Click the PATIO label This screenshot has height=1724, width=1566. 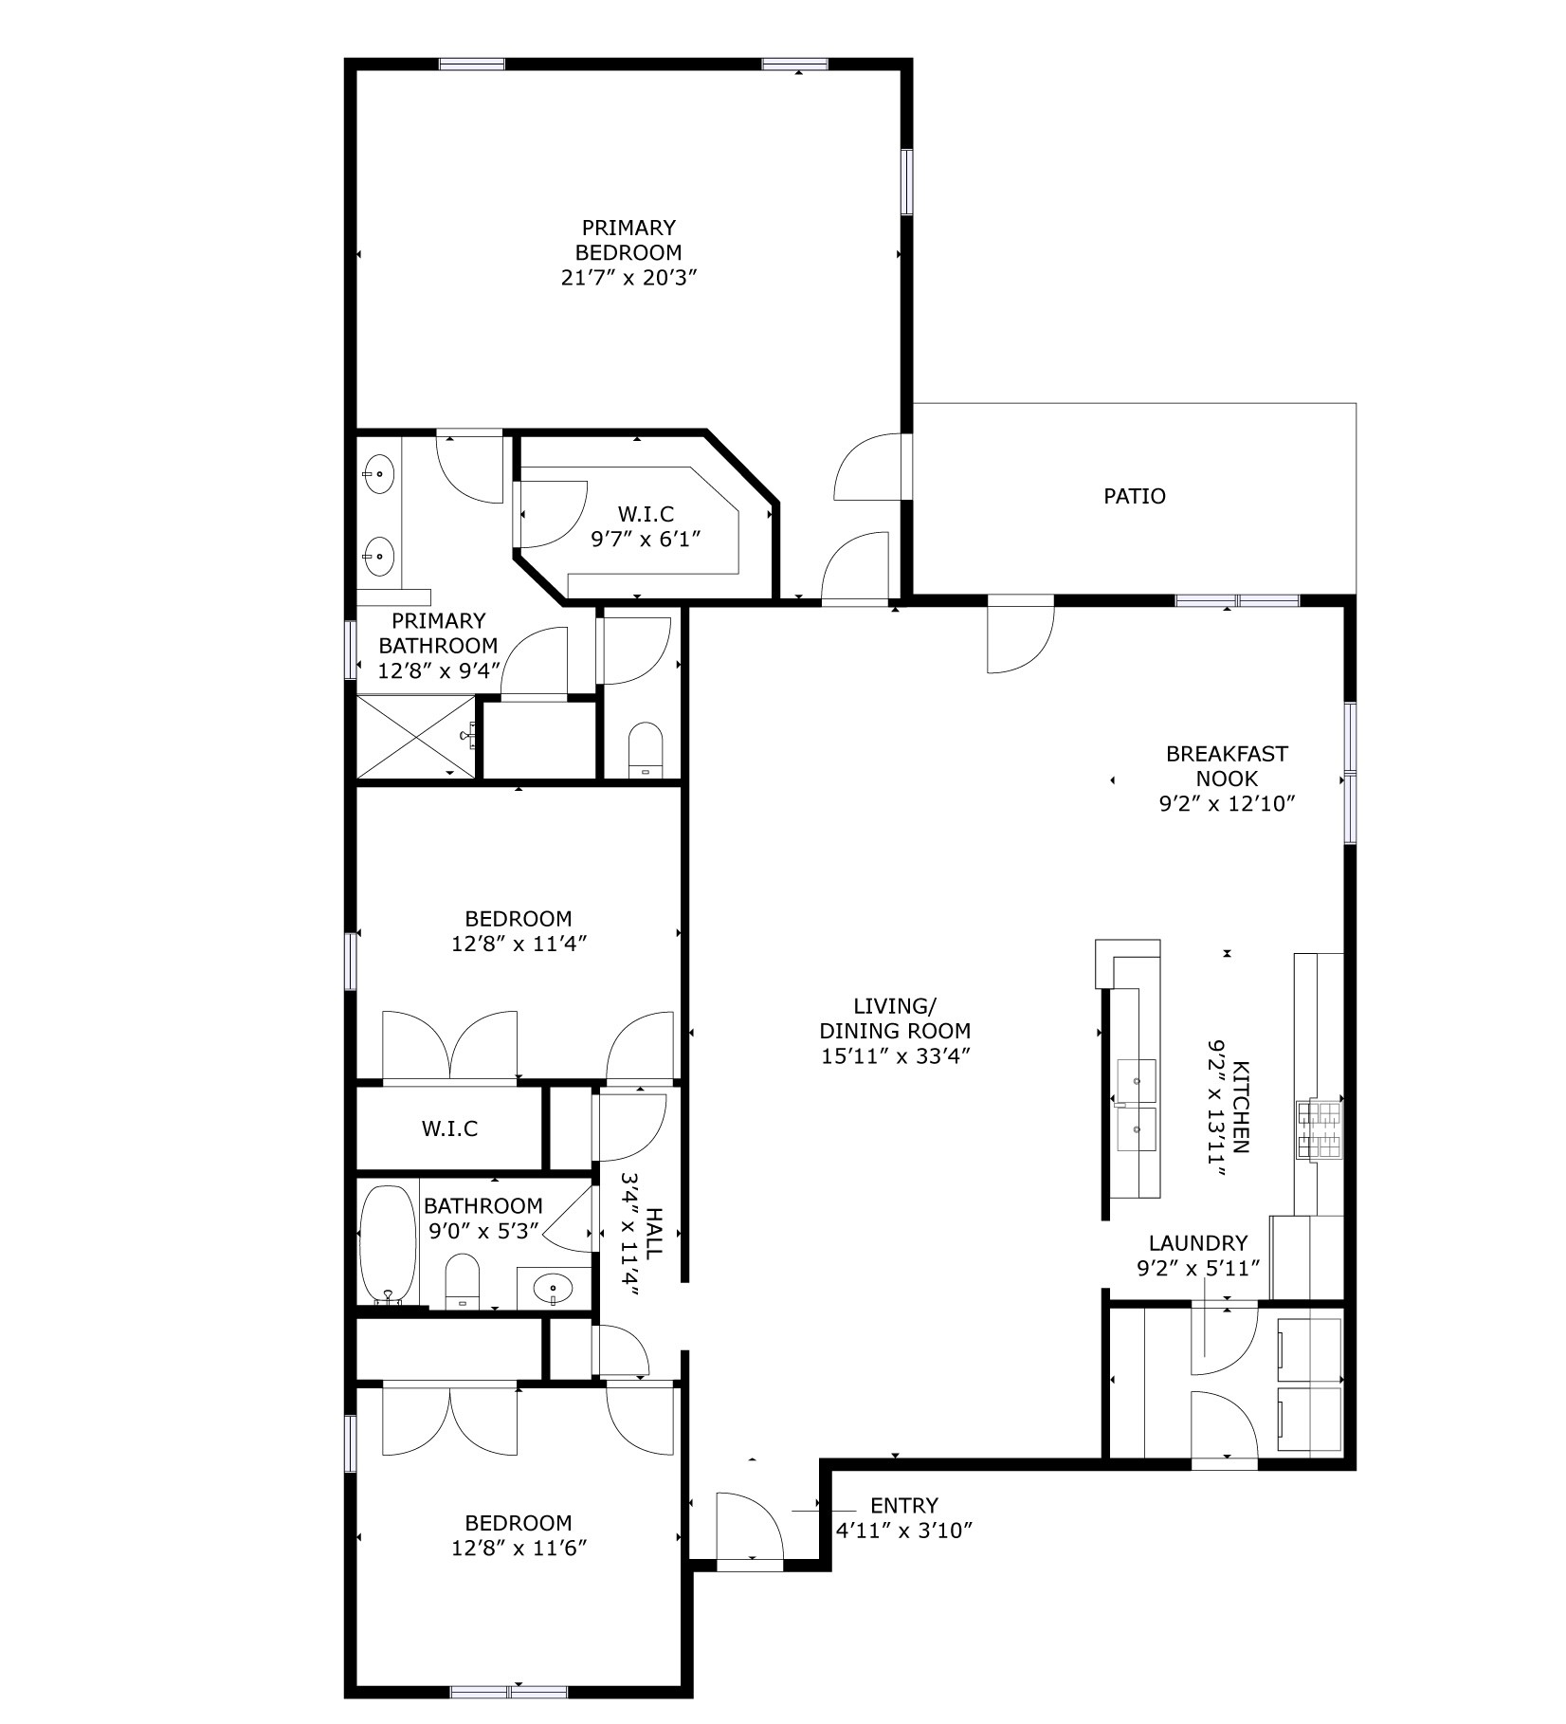[x=1134, y=496]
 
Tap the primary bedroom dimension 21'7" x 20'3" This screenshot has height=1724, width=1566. [x=629, y=278]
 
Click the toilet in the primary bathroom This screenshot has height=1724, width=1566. [x=646, y=748]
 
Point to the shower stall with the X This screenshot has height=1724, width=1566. [x=415, y=736]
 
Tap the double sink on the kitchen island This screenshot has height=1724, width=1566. [x=1136, y=1105]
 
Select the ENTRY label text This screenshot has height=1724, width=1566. [x=903, y=1505]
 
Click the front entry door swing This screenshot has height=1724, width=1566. [x=749, y=1526]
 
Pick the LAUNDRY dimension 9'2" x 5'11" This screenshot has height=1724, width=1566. [x=1198, y=1268]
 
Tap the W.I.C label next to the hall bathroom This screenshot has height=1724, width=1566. [x=449, y=1128]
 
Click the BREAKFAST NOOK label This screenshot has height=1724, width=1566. [x=1227, y=766]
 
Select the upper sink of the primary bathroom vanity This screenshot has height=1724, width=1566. [x=379, y=471]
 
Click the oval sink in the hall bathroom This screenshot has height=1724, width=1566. [x=553, y=1288]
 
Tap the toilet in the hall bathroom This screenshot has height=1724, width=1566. [x=463, y=1279]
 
